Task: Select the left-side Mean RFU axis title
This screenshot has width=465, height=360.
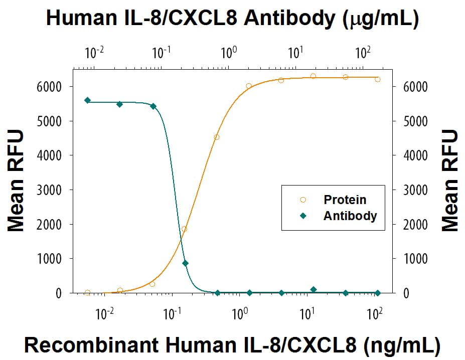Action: tap(16, 181)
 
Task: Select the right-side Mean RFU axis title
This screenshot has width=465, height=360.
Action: tap(450, 181)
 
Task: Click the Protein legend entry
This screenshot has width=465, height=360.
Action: tap(345, 200)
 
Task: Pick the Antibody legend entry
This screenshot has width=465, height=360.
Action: tap(350, 216)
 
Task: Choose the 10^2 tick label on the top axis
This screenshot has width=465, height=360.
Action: tap(363, 52)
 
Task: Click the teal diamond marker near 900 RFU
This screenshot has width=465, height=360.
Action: tap(186, 263)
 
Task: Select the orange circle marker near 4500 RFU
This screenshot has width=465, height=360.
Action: tap(217, 137)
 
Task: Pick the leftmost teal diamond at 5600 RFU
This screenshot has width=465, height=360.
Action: tap(88, 100)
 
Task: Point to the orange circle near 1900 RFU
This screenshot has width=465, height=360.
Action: tap(184, 229)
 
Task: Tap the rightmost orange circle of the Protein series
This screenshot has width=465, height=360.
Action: tap(377, 79)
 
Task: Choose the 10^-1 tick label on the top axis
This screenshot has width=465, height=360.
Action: tap(161, 52)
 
